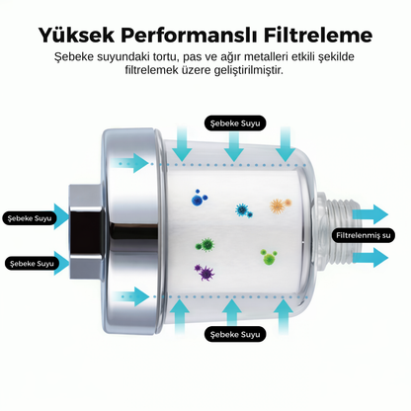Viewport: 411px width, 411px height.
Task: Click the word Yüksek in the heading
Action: coord(76,35)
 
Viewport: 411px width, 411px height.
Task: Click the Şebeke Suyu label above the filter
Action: coord(235,123)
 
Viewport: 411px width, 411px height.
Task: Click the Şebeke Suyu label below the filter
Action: coord(235,334)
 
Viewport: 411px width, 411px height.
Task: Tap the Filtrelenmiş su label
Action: coord(363,235)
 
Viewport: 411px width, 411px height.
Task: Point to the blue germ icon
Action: coord(199,198)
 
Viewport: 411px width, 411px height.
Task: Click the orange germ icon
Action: coord(281,205)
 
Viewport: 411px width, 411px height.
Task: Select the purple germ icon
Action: coord(205,272)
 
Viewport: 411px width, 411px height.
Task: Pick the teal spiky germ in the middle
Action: coord(244,210)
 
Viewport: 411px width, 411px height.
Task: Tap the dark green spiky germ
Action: coord(205,245)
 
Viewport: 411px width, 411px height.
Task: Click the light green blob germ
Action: coord(269,257)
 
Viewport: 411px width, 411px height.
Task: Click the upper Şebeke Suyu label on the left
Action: coord(30,218)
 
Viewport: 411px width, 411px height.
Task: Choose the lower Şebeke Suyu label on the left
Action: coord(32,264)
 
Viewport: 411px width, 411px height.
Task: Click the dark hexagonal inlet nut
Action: coord(86,229)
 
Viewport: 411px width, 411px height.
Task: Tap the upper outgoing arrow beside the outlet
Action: coord(370,214)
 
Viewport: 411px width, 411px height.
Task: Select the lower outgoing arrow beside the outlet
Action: coord(370,258)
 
